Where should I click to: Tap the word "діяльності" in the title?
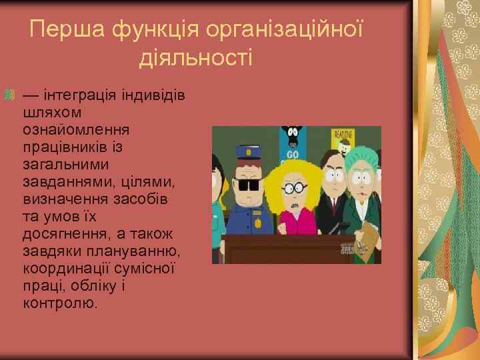pyautogui.click(x=196, y=58)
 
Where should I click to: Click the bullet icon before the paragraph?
pyautogui.click(x=9, y=96)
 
